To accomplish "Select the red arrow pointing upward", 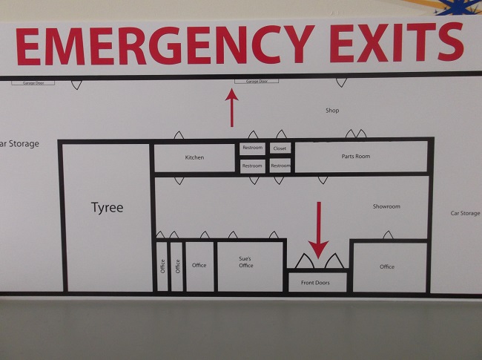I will coord(233,107).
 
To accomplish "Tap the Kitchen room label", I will coord(194,157).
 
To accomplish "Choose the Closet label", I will coord(280,148).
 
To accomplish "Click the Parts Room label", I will coord(356,157).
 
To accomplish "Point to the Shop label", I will coord(332,111).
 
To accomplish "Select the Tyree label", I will coord(107,208).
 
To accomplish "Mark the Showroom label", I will coord(386,206).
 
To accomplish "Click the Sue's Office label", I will coord(245,261).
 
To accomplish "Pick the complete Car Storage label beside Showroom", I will coord(465,213).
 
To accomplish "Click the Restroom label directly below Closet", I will coord(280,166).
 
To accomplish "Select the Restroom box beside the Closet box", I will coord(252,148).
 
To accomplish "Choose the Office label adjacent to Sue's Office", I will coord(199,265).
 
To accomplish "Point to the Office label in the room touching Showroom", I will coord(387,266).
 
